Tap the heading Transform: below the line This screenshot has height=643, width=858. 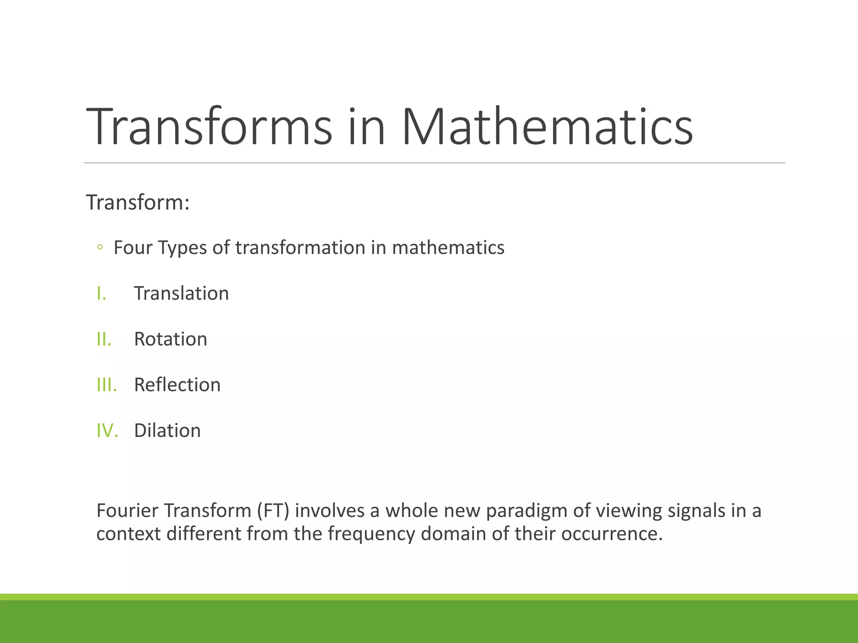click(138, 203)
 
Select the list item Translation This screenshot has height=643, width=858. click(181, 293)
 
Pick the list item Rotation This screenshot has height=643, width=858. click(171, 339)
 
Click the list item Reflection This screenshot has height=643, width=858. click(177, 385)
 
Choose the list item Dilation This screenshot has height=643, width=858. click(167, 431)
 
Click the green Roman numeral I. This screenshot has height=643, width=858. click(101, 293)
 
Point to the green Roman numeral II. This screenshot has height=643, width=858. click(104, 339)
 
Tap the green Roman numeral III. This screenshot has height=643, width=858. click(106, 385)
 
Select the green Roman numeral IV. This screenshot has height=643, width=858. click(107, 431)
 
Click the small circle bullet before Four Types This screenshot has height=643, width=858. click(100, 247)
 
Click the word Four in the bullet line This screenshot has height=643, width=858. click(131, 247)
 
